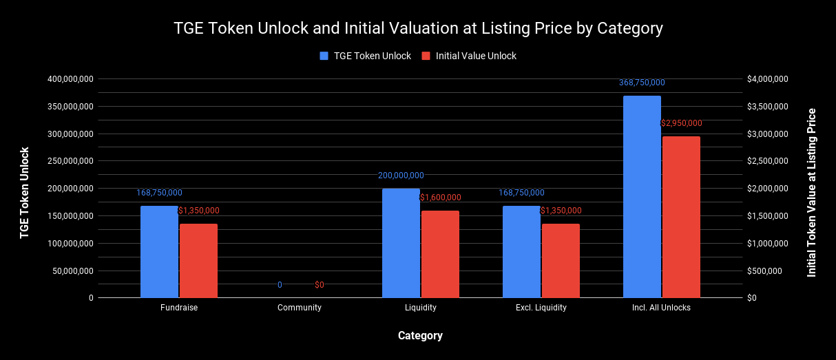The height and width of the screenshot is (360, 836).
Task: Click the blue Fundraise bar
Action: point(159,252)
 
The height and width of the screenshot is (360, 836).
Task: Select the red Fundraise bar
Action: point(198,261)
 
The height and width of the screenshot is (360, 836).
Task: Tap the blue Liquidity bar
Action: point(401,243)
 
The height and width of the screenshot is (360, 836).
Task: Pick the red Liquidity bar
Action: point(440,254)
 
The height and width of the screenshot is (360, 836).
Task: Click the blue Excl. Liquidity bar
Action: point(521,252)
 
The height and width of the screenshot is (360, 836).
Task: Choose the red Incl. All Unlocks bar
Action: point(681,217)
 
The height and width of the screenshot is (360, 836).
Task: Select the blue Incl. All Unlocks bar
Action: point(642,197)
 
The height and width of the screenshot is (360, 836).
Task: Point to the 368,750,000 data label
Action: point(642,83)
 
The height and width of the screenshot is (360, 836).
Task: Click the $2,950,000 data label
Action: point(681,123)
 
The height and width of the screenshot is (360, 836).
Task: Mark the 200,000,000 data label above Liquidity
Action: point(401,176)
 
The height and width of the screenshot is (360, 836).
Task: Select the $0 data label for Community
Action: point(320,285)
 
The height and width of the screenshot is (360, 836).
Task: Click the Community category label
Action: point(300,308)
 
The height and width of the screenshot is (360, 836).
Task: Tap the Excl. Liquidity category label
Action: point(541,308)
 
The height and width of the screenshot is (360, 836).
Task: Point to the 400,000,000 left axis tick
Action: point(70,79)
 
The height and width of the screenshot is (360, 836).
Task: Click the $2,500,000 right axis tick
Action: point(768,161)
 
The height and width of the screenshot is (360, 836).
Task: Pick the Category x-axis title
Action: point(420,336)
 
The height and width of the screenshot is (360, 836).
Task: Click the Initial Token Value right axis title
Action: point(812,193)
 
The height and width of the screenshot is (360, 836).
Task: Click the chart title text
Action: point(418,28)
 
